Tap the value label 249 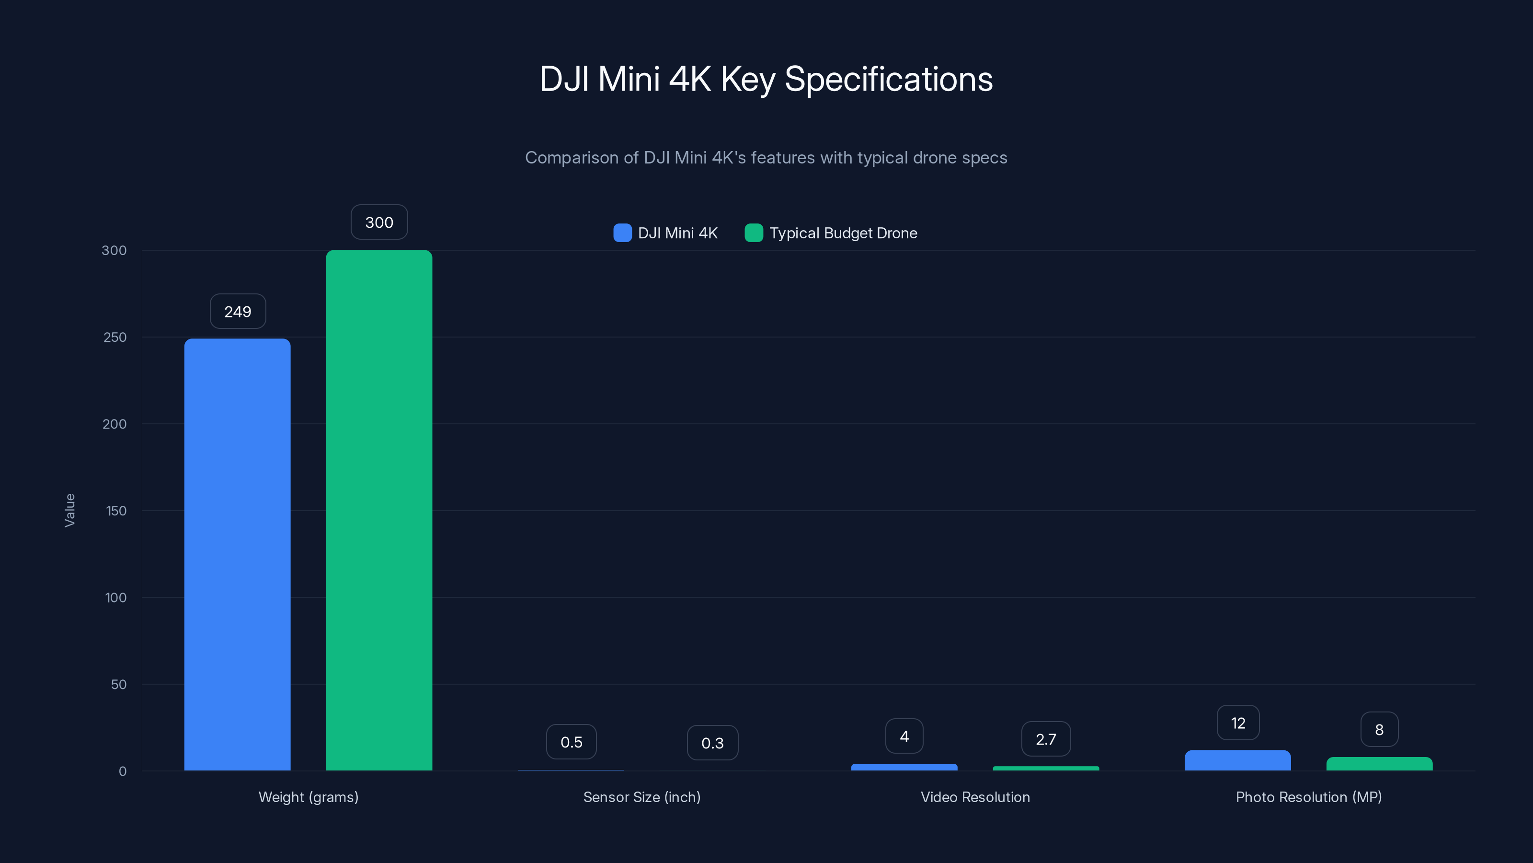pyautogui.click(x=238, y=312)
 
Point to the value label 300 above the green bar pyautogui.click(x=378, y=222)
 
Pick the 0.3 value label pyautogui.click(x=712, y=743)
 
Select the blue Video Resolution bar pyautogui.click(x=904, y=767)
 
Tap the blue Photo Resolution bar pyautogui.click(x=1237, y=760)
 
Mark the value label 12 pyautogui.click(x=1237, y=723)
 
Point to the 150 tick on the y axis pyautogui.click(x=116, y=511)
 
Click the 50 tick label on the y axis pyautogui.click(x=118, y=684)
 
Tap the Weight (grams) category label pyautogui.click(x=308, y=797)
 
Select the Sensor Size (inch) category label pyautogui.click(x=641, y=797)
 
